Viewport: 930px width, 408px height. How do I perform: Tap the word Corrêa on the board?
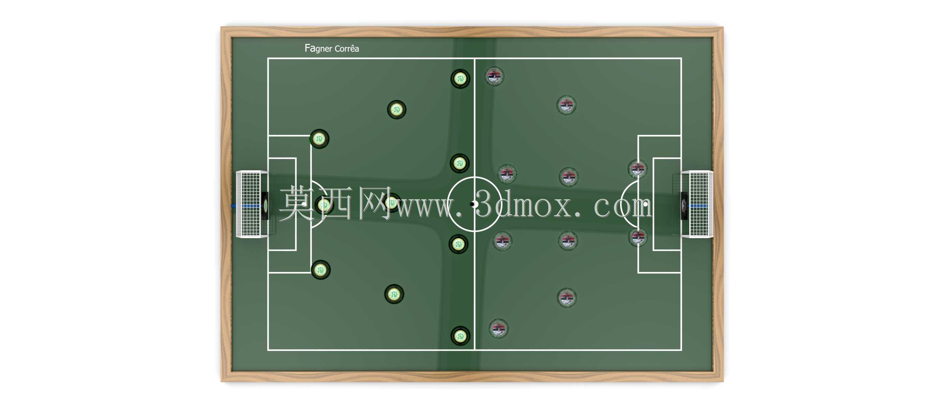click(x=347, y=48)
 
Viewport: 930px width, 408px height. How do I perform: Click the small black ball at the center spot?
click(x=472, y=204)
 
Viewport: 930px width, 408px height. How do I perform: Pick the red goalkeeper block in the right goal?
click(x=684, y=206)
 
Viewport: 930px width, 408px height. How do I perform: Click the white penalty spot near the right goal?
click(x=645, y=204)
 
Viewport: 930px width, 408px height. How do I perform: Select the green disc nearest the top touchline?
click(x=460, y=79)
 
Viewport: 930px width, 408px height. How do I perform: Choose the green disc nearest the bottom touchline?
click(x=460, y=336)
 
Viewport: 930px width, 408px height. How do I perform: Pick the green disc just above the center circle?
click(x=459, y=163)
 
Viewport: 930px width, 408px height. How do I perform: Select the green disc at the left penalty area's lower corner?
click(x=321, y=270)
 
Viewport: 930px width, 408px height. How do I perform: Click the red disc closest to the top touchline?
click(x=494, y=76)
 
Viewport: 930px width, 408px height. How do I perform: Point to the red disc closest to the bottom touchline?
click(x=498, y=329)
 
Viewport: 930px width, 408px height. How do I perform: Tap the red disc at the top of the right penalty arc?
click(x=638, y=169)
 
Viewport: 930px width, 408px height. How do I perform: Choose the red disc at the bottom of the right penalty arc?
click(x=638, y=237)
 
